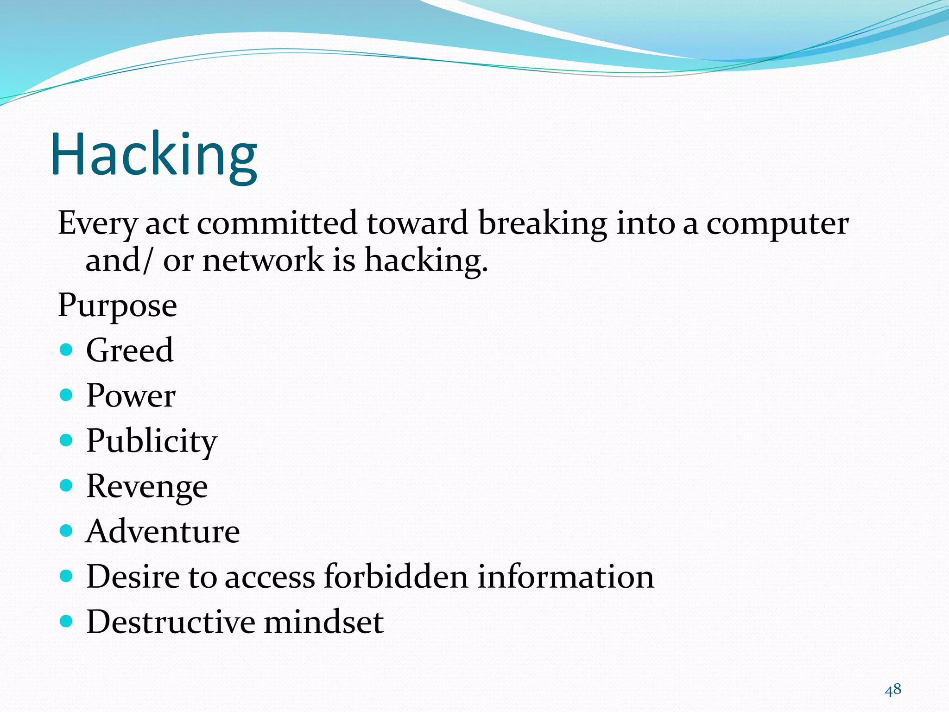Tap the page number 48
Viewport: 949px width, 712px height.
(892, 690)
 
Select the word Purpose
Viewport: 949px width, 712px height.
(117, 306)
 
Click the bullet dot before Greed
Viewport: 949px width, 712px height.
(67, 350)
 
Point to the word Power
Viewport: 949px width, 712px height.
(131, 396)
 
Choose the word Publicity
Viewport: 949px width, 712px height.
(152, 441)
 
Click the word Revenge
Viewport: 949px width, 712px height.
(147, 487)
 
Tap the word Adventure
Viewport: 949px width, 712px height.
(163, 531)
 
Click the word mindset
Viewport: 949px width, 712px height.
(323, 622)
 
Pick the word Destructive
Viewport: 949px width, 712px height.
(171, 622)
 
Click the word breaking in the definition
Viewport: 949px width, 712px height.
(542, 223)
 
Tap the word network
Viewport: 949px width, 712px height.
(263, 260)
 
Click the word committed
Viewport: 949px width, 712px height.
(277, 223)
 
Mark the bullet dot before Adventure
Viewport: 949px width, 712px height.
(67, 530)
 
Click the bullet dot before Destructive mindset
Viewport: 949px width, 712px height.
(67, 621)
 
